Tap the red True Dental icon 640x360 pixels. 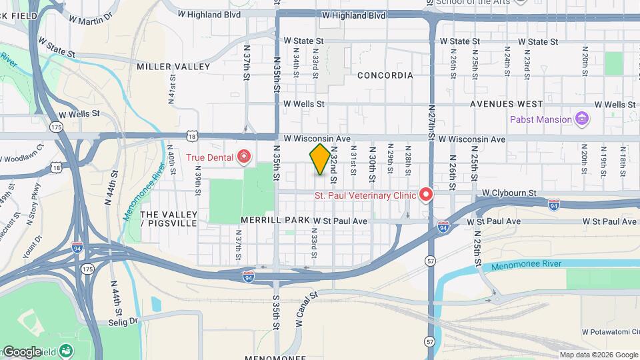245,157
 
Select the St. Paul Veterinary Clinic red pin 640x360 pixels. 425,195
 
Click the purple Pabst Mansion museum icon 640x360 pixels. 582,119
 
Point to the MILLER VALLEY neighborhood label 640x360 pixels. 173,67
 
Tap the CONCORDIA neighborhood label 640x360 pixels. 385,75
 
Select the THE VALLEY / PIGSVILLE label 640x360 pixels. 169,219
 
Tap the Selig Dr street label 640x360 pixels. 123,321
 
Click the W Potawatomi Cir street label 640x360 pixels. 609,331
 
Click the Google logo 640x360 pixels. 21,352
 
